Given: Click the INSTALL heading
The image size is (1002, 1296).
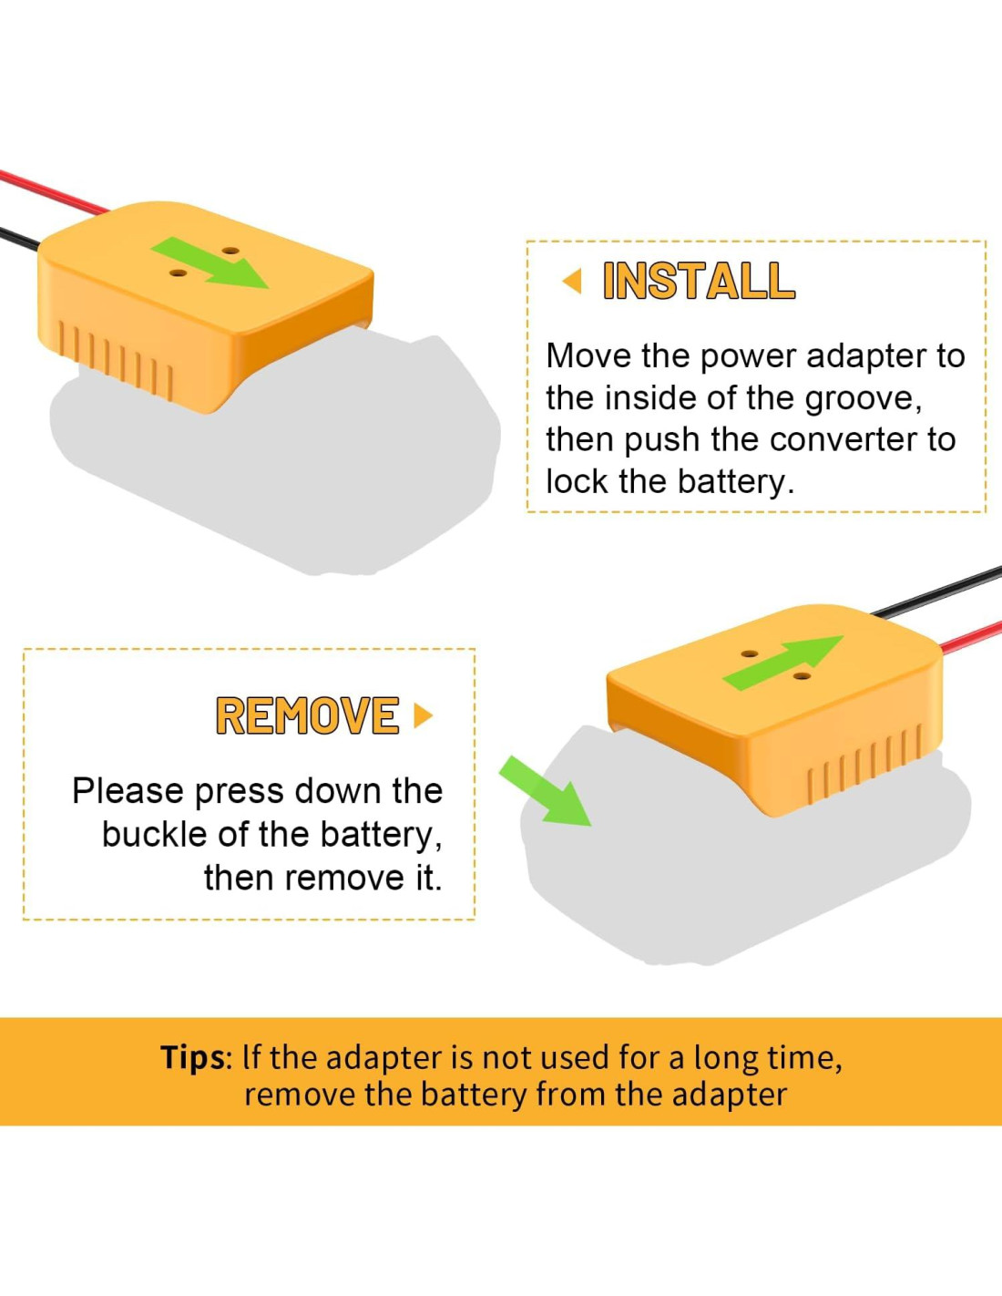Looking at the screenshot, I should click(x=699, y=281).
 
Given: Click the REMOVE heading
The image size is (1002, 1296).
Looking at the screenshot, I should click(x=307, y=716).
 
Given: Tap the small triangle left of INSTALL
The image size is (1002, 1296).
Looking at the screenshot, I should click(x=573, y=281).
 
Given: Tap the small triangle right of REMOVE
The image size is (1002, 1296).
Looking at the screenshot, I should click(x=423, y=715).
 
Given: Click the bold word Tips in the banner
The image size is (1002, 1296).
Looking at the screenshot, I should click(x=192, y=1057).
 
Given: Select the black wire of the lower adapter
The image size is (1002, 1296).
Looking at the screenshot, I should click(x=938, y=591).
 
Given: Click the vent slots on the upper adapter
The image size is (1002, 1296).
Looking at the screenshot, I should click(x=115, y=357).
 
